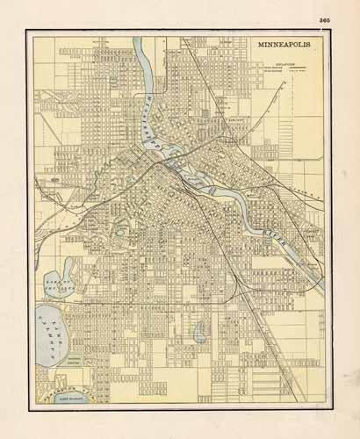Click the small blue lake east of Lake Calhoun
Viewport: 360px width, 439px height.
point(200,332)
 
